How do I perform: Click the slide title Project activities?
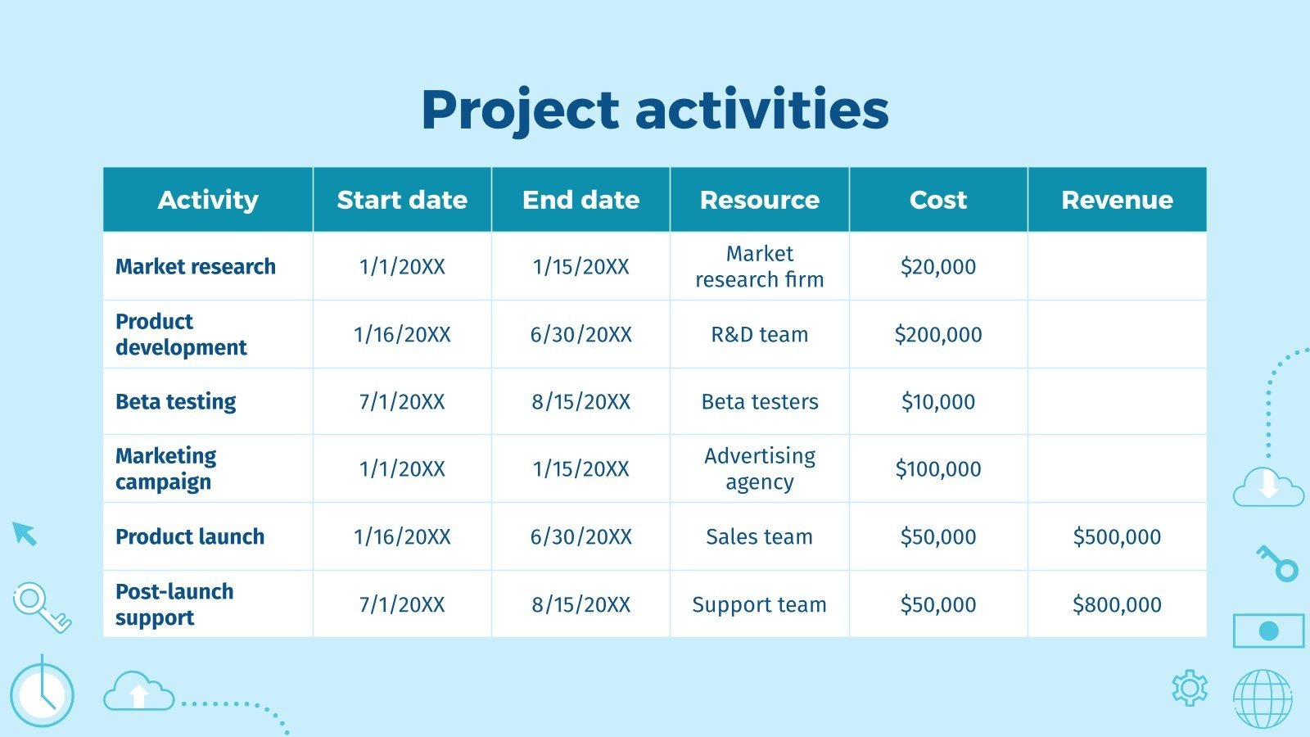click(655, 110)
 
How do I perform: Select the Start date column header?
click(402, 200)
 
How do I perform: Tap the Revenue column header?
click(1117, 200)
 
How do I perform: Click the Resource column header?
click(759, 200)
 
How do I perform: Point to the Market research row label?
click(196, 267)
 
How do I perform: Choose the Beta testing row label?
click(175, 402)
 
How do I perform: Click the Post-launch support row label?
click(174, 604)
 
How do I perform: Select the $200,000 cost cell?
click(938, 334)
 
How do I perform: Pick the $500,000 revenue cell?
click(1117, 537)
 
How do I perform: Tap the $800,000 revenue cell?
click(1117, 604)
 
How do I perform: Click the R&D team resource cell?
click(759, 334)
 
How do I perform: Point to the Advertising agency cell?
click(759, 469)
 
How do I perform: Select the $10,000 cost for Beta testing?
click(938, 402)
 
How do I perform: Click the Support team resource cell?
click(759, 604)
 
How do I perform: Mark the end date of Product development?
click(580, 334)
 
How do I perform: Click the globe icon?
click(1263, 699)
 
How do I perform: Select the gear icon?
click(1190, 688)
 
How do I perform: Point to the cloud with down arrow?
click(1268, 487)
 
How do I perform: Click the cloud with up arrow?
click(138, 692)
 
